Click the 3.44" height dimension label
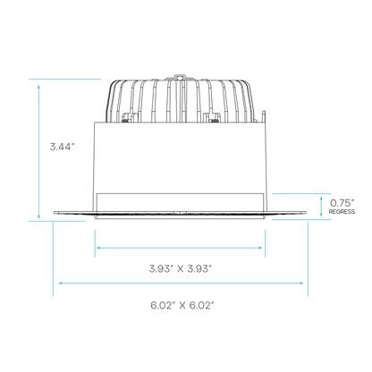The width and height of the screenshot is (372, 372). click(62, 147)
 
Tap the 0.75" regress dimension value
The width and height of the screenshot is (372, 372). click(342, 203)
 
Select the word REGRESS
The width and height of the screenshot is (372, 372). click(342, 212)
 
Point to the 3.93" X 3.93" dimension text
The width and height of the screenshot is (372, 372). click(181, 269)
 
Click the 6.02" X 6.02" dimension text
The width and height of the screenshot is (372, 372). click(182, 306)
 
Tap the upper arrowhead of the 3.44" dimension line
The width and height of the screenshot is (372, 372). click(38, 87)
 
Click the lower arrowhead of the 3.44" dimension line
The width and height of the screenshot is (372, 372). click(38, 216)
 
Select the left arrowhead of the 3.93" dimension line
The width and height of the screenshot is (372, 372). click(98, 248)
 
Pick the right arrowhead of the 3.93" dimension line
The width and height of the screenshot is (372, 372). click(260, 248)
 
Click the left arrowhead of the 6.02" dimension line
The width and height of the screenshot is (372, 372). click(61, 283)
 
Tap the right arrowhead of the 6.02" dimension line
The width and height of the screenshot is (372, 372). click(301, 283)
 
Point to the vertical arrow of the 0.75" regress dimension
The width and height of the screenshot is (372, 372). click(321, 207)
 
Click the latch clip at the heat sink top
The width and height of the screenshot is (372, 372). click(179, 77)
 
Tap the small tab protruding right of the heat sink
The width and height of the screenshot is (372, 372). click(264, 116)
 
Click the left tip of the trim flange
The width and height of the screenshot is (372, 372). click(55, 213)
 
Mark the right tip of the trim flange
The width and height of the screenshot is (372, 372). click(306, 213)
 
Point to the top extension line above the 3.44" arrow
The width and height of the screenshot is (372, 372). click(65, 79)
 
